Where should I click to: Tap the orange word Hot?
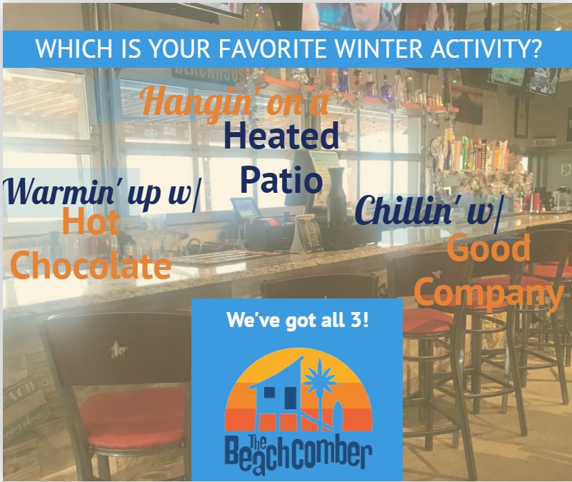tap(90, 224)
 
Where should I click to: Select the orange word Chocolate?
tap(91, 266)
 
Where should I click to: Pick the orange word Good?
tap(489, 249)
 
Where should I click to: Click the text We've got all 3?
tap(297, 320)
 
